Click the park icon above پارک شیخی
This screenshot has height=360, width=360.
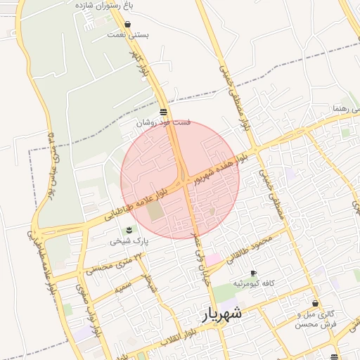coord(129,230)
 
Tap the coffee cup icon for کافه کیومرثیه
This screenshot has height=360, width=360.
coord(253,273)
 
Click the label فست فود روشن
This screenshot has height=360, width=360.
coord(163,122)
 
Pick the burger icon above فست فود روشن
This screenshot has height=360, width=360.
coord(163,112)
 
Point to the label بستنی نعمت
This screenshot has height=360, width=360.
coord(127,34)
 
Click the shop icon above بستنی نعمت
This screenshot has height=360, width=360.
coord(127,24)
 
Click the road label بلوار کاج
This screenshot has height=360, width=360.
coord(141,63)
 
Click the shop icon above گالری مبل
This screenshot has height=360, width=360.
coord(316,304)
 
